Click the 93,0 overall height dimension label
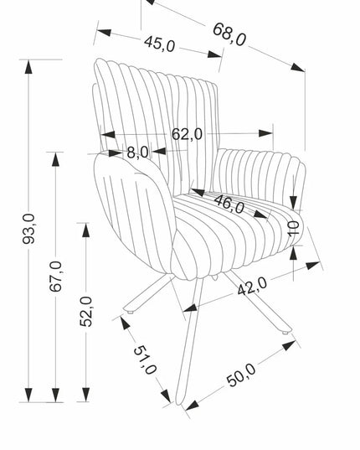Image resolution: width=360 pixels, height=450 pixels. (28, 229)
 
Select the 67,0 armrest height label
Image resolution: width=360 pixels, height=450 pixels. (55, 277)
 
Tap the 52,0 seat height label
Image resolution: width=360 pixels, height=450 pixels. (85, 312)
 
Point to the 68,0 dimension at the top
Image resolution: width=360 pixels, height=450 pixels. (229, 34)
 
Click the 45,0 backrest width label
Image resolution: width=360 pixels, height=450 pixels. (160, 44)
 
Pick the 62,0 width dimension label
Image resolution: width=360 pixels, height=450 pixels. (187, 134)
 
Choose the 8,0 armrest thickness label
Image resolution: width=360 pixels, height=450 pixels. (138, 153)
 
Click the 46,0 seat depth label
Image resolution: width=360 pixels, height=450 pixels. (229, 204)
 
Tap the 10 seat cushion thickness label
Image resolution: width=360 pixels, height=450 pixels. (294, 229)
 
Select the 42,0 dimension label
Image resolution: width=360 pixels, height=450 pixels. (252, 286)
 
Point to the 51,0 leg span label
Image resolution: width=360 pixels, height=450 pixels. (145, 359)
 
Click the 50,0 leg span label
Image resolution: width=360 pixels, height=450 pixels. (241, 375)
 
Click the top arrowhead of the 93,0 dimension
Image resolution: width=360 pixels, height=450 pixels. (28, 67)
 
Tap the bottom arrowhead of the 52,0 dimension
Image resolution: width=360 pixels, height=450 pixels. (85, 395)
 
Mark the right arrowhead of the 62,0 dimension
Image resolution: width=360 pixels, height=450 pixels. (265, 133)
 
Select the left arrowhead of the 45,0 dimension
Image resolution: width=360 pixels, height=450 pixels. (104, 32)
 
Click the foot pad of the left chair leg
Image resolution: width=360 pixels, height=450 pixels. (130, 312)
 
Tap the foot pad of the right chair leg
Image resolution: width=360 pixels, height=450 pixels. (285, 333)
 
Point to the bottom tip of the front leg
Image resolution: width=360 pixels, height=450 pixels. (179, 404)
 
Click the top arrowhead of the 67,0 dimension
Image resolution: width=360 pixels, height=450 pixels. (55, 159)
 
